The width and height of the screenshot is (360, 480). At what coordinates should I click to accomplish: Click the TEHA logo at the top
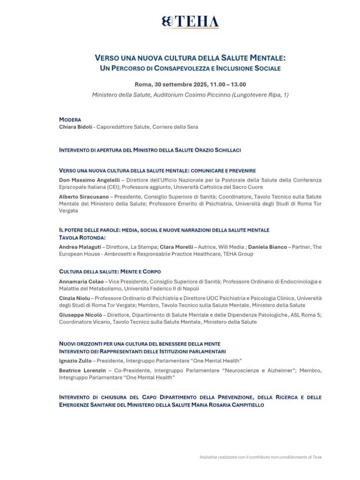tap(190, 22)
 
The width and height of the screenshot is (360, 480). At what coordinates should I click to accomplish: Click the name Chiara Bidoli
tap(75, 127)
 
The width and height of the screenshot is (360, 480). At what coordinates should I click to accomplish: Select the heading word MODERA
tap(70, 120)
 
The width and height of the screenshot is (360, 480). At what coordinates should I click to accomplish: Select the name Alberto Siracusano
tap(84, 196)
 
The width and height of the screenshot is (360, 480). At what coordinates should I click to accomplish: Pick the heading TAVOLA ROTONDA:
tap(82, 237)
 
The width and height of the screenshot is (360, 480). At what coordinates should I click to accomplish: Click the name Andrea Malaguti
tap(80, 247)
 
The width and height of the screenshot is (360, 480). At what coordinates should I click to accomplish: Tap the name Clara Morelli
tap(176, 247)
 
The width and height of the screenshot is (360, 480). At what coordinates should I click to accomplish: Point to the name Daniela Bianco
tap(267, 247)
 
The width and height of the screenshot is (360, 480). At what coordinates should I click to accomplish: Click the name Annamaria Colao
tap(81, 281)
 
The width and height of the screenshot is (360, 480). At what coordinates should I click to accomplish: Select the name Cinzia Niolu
tap(74, 298)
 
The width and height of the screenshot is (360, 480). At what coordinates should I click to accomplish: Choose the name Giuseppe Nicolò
tap(80, 315)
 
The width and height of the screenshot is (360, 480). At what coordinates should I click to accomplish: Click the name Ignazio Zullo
tap(75, 361)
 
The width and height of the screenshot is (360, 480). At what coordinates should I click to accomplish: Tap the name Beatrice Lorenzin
tap(82, 370)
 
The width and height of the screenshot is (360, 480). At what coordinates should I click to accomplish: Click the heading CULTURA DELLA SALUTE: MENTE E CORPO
tap(110, 271)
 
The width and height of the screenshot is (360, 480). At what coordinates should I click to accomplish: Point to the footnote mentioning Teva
tap(260, 457)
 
